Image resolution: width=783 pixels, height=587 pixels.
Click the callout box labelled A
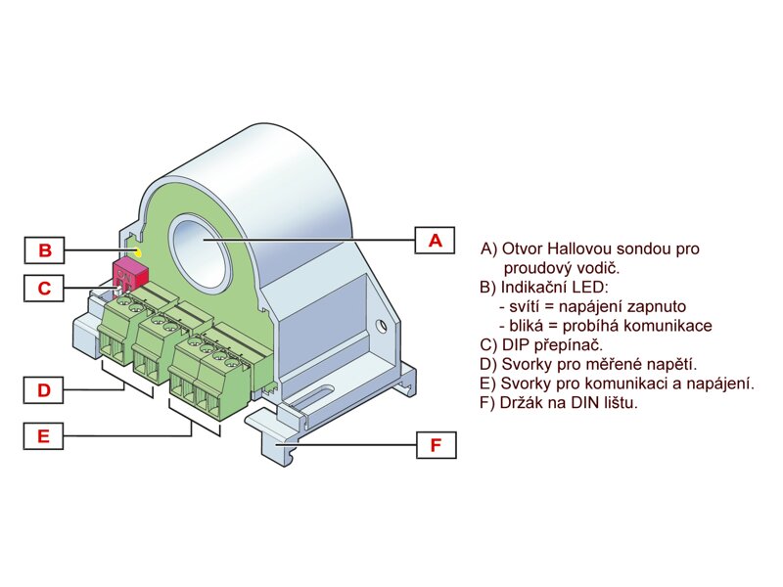(436, 240)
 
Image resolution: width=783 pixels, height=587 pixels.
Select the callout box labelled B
(44, 250)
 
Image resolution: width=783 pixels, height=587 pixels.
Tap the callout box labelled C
(44, 289)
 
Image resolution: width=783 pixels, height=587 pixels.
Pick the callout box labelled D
(44, 390)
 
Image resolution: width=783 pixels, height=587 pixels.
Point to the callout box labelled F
(436, 446)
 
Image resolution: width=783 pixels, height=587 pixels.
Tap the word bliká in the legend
(526, 326)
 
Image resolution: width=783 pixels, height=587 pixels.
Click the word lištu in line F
(616, 402)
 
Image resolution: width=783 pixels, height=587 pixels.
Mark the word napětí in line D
(670, 364)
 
